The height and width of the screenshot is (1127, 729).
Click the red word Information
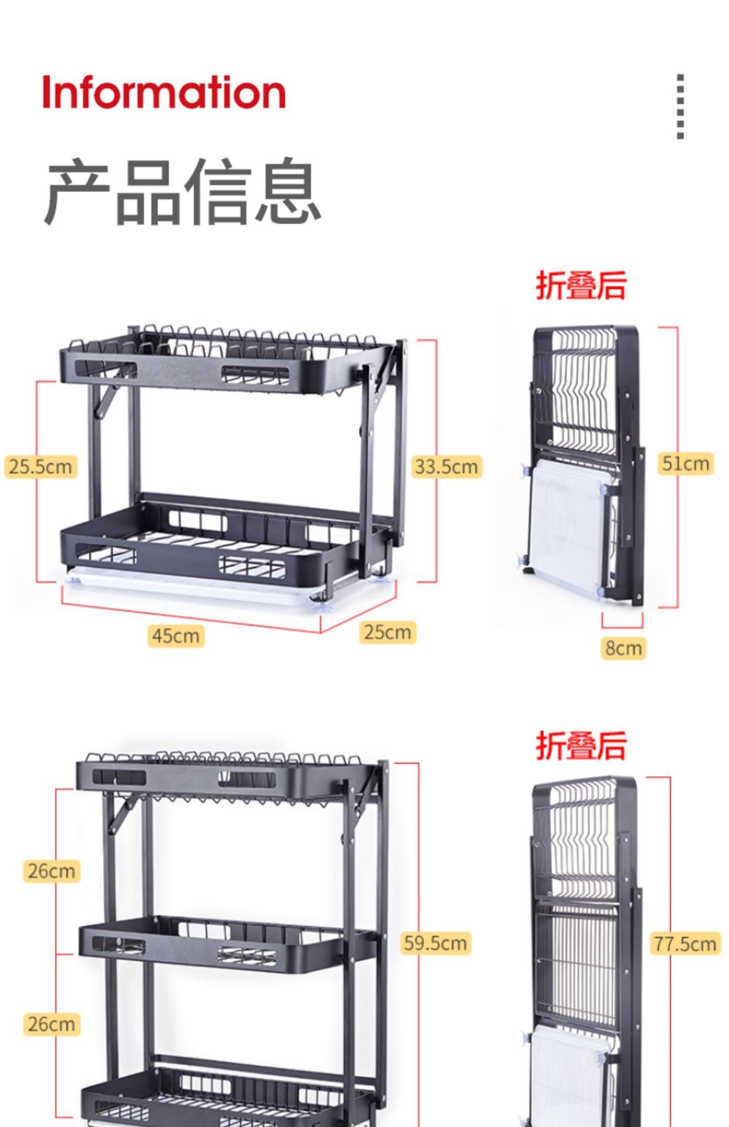point(164,92)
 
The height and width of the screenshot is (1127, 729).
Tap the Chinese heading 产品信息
point(183,191)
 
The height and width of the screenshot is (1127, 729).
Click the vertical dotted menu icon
point(680,106)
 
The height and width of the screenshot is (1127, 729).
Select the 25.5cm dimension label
point(41,467)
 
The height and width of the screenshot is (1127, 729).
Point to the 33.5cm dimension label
point(447,467)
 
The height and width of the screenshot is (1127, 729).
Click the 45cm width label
point(176,636)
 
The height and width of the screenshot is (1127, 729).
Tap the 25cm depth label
point(387,632)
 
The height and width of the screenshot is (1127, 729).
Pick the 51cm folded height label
point(685,463)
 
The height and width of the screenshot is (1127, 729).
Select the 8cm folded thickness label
point(623,648)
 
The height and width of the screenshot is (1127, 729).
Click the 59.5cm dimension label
point(436,943)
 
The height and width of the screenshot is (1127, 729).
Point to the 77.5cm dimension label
point(685,944)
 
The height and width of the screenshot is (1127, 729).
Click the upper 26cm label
point(52,871)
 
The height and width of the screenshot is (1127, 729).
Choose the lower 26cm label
point(52,1024)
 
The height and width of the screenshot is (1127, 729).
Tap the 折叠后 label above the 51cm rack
point(581,286)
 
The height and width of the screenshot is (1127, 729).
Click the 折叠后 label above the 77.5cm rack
point(581,745)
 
